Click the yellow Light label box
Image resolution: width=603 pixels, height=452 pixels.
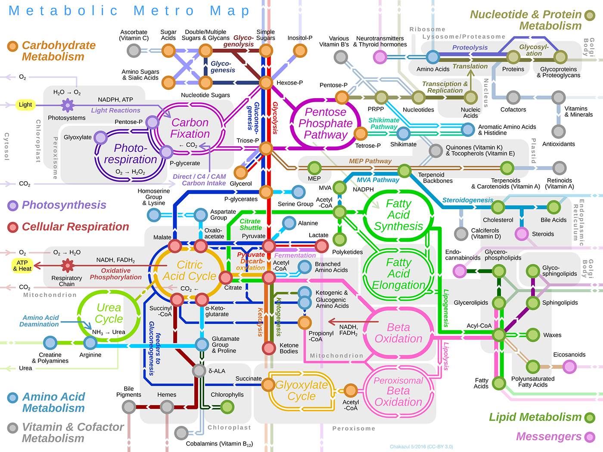[25, 105]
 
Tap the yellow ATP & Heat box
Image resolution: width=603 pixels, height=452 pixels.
[22, 266]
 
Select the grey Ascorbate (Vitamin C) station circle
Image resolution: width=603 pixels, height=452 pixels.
[134, 51]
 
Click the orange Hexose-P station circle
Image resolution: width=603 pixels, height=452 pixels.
[266, 83]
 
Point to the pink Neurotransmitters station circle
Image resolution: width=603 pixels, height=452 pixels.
[380, 56]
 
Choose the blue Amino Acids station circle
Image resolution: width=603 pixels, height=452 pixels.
[433, 56]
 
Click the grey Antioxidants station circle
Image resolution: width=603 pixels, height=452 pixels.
[559, 131]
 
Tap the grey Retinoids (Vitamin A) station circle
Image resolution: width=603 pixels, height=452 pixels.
[559, 168]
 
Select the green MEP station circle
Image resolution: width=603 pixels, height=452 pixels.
[314, 168]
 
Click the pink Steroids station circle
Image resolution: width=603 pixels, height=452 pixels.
[522, 234]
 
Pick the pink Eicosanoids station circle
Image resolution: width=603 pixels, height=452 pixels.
[569, 367]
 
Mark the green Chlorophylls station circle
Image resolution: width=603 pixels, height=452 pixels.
[227, 406]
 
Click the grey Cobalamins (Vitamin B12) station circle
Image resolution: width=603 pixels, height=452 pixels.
[181, 433]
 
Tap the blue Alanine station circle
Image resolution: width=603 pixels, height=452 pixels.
[289, 223]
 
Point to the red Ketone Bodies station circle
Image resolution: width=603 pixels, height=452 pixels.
[269, 347]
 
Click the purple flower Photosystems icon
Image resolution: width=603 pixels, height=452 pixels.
[67, 105]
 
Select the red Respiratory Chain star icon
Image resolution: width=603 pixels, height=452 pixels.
[67, 266]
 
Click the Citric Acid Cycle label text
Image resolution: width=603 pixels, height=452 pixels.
[190, 270]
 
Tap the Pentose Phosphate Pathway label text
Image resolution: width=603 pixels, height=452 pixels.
[326, 123]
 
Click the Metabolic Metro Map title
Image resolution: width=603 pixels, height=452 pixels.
[129, 11]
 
